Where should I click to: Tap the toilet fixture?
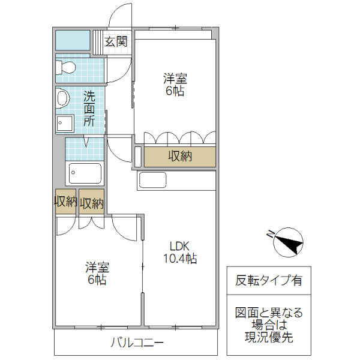pyautogui.click(x=65, y=68)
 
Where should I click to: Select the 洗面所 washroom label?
pyautogui.click(x=89, y=108)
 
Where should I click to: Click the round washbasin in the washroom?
pyautogui.click(x=61, y=99)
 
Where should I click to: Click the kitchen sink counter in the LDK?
pyautogui.click(x=152, y=179)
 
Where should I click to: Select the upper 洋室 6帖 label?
pyautogui.click(x=175, y=85)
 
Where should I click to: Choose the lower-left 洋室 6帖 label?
pyautogui.click(x=97, y=273)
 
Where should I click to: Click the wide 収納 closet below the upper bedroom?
pyautogui.click(x=179, y=157)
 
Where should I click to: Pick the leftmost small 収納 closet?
pyautogui.click(x=65, y=202)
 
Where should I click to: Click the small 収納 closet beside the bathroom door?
pyautogui.click(x=91, y=202)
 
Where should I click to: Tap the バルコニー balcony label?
pyautogui.click(x=137, y=343)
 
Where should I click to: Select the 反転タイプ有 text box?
pyautogui.click(x=268, y=280)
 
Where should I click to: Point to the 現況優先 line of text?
pyautogui.click(x=268, y=337)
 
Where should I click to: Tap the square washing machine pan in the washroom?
pyautogui.click(x=64, y=124)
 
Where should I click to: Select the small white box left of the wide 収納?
pyautogui.click(x=138, y=156)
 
